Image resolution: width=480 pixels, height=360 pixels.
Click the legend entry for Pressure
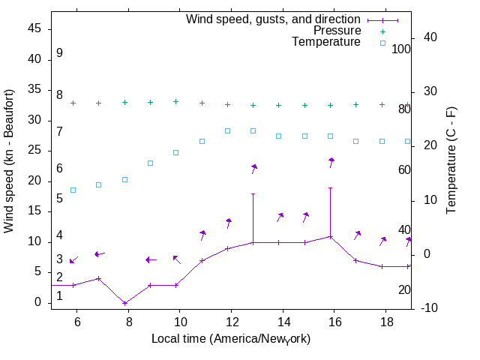pyautogui.click(x=337, y=31)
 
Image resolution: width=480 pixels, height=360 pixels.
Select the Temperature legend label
pyautogui.click(x=326, y=43)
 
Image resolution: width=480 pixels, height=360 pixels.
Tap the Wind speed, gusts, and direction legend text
pyautogui.click(x=274, y=19)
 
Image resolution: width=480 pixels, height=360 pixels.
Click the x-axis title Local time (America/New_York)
pyautogui.click(x=231, y=339)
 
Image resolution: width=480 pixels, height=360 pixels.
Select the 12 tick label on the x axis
pyautogui.click(x=231, y=321)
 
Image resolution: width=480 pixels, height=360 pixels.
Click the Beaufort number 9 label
pyautogui.click(x=59, y=54)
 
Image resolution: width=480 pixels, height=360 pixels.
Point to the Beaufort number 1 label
pyautogui.click(x=59, y=296)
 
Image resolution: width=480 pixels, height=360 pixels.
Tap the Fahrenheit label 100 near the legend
pyautogui.click(x=402, y=49)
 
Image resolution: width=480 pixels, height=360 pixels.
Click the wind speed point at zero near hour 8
pyautogui.click(x=124, y=303)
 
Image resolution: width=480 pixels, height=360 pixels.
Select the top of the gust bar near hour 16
pyautogui.click(x=330, y=187)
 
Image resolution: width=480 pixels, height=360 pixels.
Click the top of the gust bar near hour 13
pyautogui.click(x=253, y=193)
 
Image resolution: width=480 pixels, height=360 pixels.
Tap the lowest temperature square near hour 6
pyautogui.click(x=73, y=190)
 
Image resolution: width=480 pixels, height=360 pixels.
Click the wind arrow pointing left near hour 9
pyautogui.click(x=151, y=259)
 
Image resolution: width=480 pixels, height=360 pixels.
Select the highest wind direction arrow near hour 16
pyautogui.click(x=331, y=162)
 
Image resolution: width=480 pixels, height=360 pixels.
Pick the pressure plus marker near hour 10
pyautogui.click(x=176, y=101)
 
